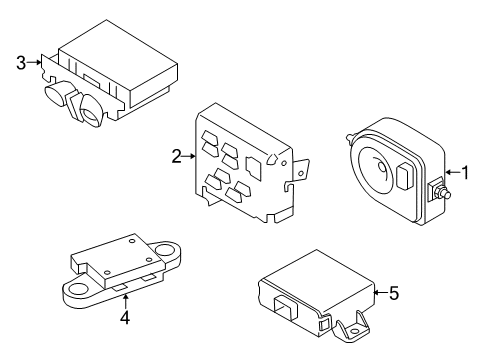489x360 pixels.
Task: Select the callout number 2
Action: [176, 155]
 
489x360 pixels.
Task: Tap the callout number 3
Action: [20, 62]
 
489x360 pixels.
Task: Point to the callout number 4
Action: [125, 319]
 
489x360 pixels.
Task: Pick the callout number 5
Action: [393, 293]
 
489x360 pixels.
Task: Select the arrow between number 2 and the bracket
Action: [188, 155]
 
